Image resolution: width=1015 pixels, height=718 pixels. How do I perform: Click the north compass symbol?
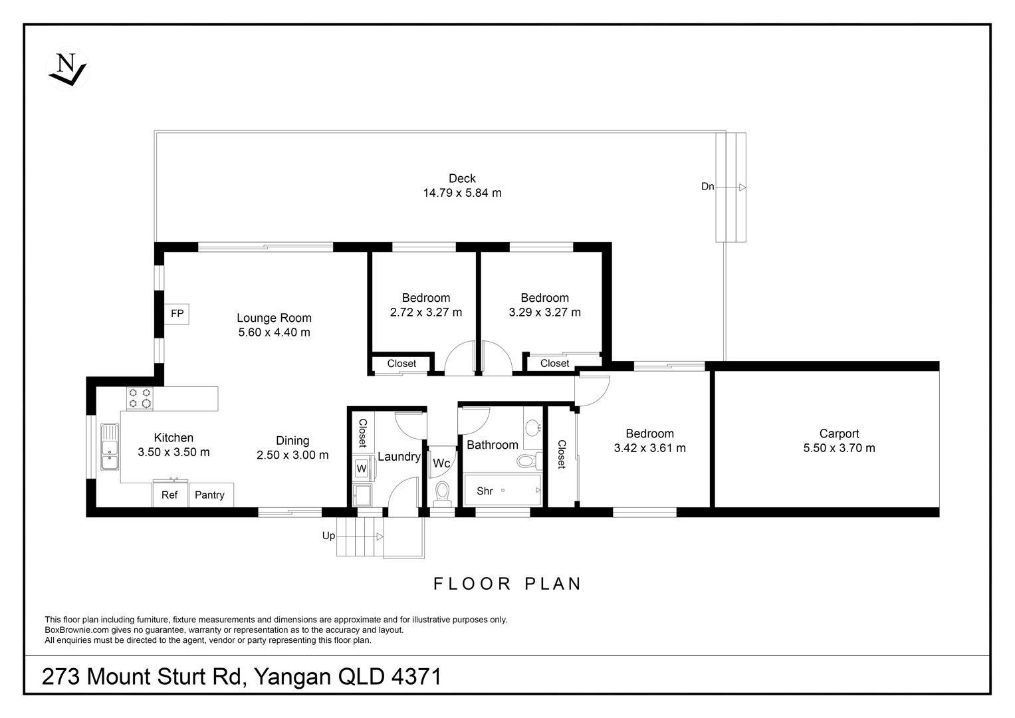click(68, 69)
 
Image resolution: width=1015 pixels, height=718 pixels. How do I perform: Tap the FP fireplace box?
click(177, 314)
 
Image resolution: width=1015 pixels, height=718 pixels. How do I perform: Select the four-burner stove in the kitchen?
click(140, 398)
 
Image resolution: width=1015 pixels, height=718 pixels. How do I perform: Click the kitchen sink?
click(109, 447)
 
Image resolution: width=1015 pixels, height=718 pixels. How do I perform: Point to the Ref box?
click(169, 495)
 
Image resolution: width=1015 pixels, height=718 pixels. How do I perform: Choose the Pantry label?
click(209, 495)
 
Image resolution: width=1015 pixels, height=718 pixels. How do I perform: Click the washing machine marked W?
click(362, 469)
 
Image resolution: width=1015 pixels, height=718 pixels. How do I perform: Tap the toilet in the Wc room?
click(442, 494)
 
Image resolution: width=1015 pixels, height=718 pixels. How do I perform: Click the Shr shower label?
click(485, 491)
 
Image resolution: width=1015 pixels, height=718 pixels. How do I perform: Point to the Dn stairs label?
click(707, 186)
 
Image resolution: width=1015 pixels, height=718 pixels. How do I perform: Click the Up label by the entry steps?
click(328, 536)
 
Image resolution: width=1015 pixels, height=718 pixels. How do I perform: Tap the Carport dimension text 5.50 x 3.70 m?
click(840, 448)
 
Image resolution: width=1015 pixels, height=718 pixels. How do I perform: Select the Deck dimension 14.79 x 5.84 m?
click(462, 193)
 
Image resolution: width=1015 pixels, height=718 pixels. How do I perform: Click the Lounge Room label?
click(274, 318)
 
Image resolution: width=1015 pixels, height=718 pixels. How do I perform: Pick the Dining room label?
click(292, 441)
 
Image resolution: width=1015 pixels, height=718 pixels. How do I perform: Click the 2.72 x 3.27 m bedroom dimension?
click(426, 312)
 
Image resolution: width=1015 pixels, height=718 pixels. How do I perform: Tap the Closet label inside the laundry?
click(363, 433)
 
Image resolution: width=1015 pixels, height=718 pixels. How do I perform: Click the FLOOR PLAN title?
click(508, 584)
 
